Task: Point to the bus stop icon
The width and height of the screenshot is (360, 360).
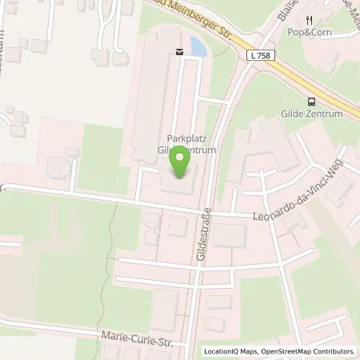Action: pos(311,101)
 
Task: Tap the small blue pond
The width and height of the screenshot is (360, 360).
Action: pos(195,47)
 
